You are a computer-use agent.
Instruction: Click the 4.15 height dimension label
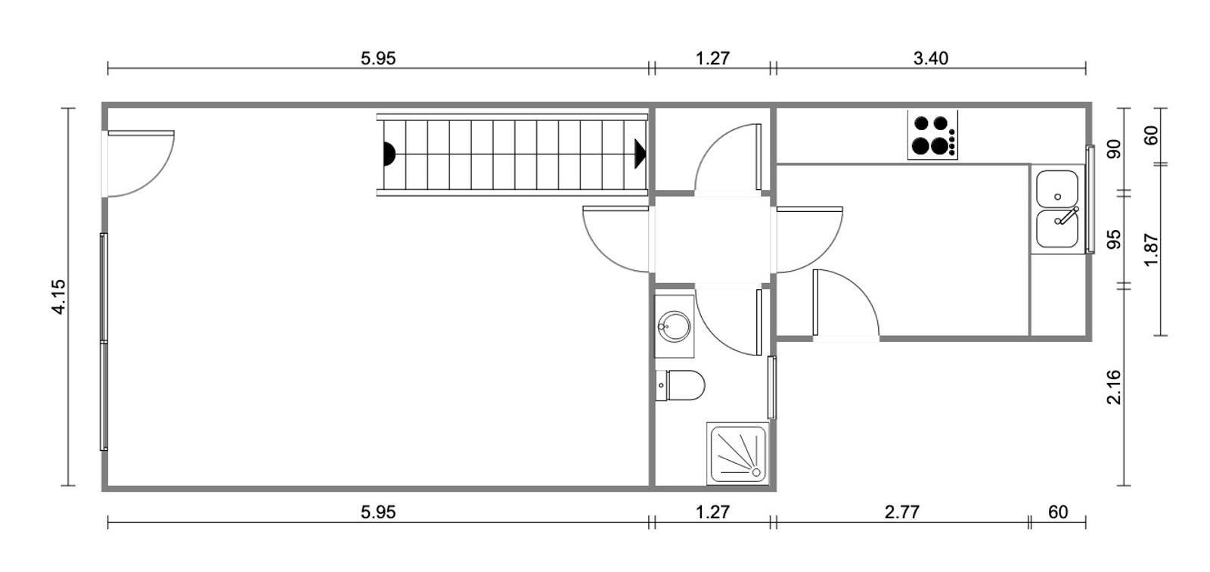[x=59, y=297]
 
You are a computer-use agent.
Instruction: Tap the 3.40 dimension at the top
[x=931, y=58]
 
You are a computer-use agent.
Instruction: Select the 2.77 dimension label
[x=902, y=511]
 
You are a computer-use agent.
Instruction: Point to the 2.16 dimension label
[x=1114, y=387]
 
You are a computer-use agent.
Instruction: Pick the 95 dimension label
[x=1114, y=240]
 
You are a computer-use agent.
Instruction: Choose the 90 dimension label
[x=1114, y=149]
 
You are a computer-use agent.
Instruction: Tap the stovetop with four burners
[x=933, y=135]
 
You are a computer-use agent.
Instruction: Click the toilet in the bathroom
[x=680, y=385]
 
